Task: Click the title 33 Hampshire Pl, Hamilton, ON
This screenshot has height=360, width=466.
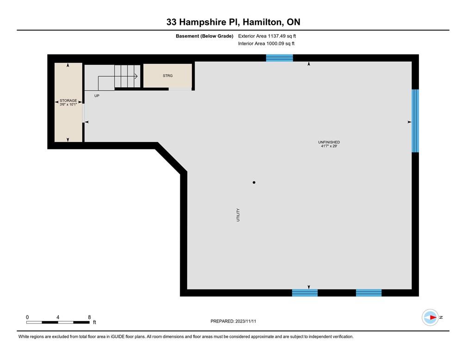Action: tap(233, 22)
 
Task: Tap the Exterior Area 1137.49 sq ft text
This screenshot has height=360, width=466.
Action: tap(267, 36)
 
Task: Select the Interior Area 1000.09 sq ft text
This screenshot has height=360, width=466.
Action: tap(266, 43)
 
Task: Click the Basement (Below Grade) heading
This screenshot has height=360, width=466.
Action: tap(204, 36)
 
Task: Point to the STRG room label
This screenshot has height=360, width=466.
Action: tap(167, 75)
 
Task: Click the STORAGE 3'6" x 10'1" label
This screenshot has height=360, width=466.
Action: tap(68, 102)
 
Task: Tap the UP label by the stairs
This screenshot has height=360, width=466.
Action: tap(97, 96)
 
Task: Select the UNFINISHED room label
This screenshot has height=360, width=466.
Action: tap(329, 142)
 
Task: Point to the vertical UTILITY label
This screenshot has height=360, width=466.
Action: tap(239, 215)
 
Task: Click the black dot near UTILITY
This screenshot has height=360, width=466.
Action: tap(254, 183)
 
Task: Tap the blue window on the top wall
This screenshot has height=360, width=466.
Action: tap(279, 58)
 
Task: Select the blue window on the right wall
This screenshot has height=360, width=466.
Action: tap(415, 121)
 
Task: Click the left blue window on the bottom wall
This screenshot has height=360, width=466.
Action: tap(305, 292)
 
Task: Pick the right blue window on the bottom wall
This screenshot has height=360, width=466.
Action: tap(368, 292)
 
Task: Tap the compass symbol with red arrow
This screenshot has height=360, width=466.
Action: tap(430, 317)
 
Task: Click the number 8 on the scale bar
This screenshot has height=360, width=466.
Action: tap(89, 317)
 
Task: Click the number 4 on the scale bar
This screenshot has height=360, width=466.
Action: tap(58, 317)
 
